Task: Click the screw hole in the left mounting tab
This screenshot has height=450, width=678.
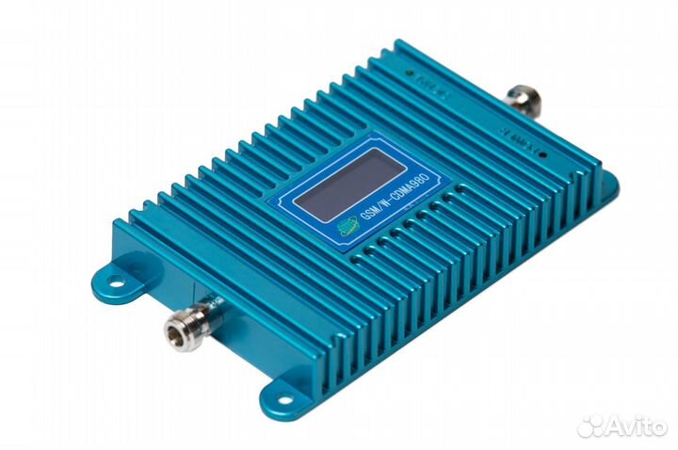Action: [114, 280]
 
